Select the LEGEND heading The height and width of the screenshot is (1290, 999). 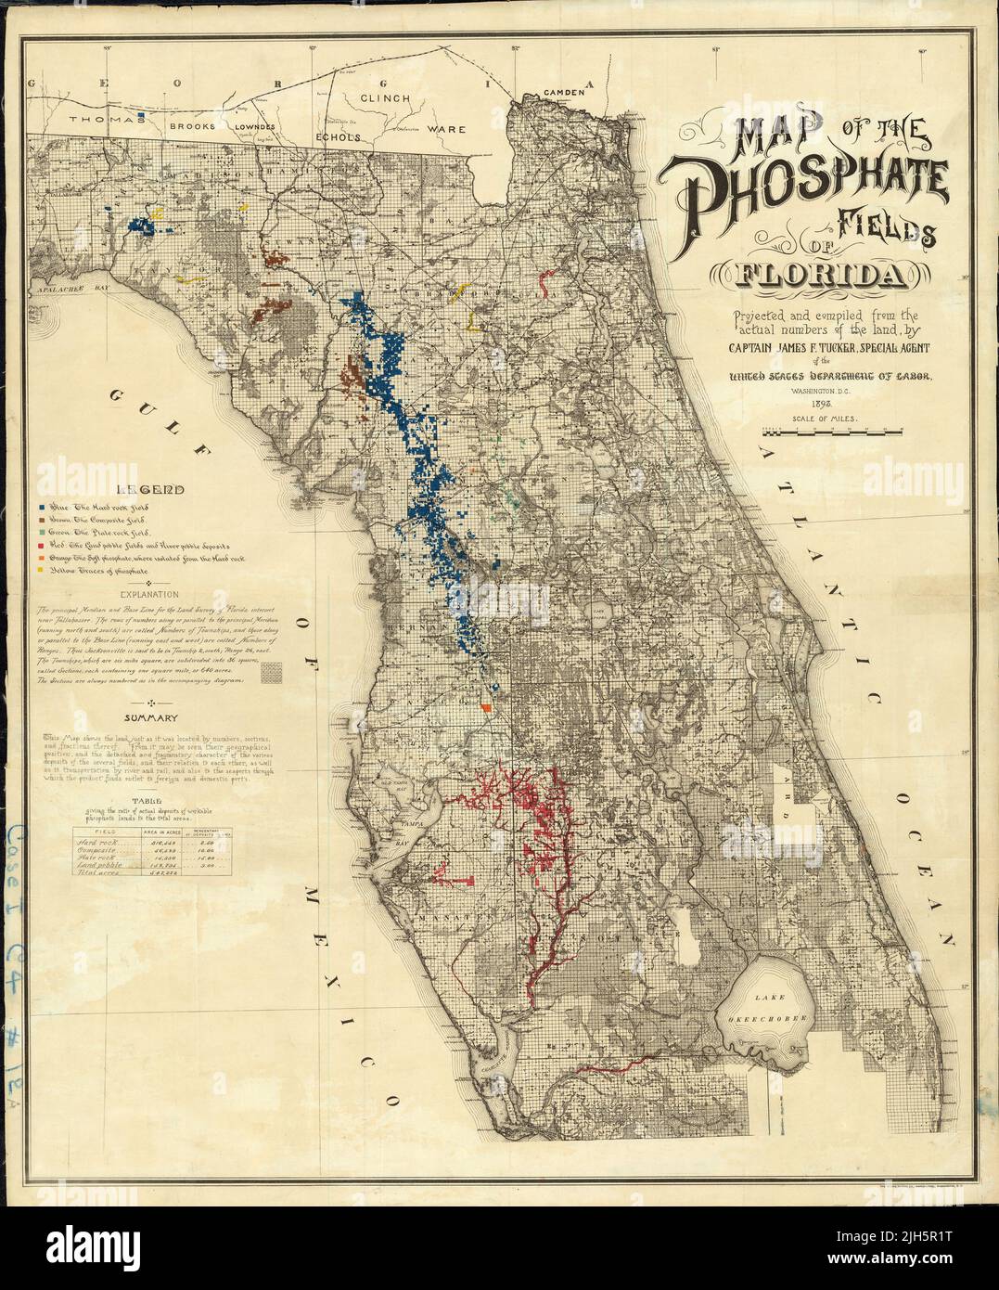156,489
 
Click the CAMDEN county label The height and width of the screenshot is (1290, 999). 565,92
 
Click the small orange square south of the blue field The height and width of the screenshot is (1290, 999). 485,708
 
